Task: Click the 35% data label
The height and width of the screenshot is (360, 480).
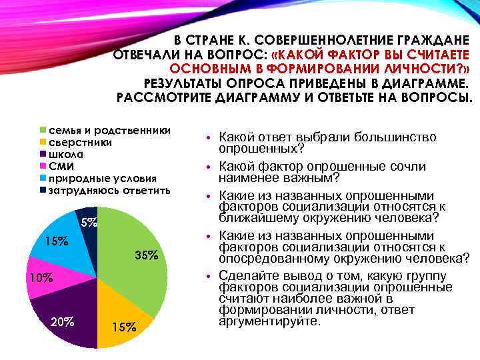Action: (146, 255)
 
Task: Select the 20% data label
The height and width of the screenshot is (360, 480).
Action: (62, 322)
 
